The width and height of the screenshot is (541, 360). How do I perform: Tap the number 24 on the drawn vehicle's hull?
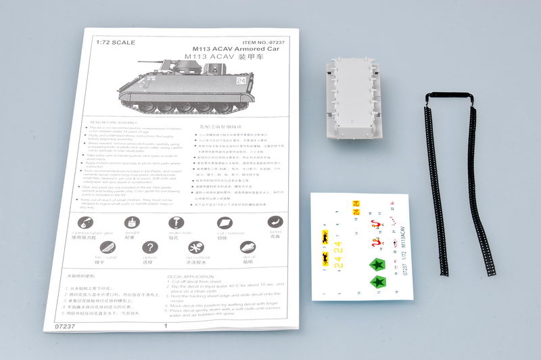pyautogui.click(x=243, y=81)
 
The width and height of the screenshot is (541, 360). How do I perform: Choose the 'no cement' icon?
pyautogui.click(x=197, y=246)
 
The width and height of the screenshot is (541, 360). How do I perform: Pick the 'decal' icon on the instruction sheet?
pyautogui.click(x=248, y=246)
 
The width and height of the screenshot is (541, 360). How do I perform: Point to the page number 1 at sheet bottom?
pyautogui.click(x=166, y=325)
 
